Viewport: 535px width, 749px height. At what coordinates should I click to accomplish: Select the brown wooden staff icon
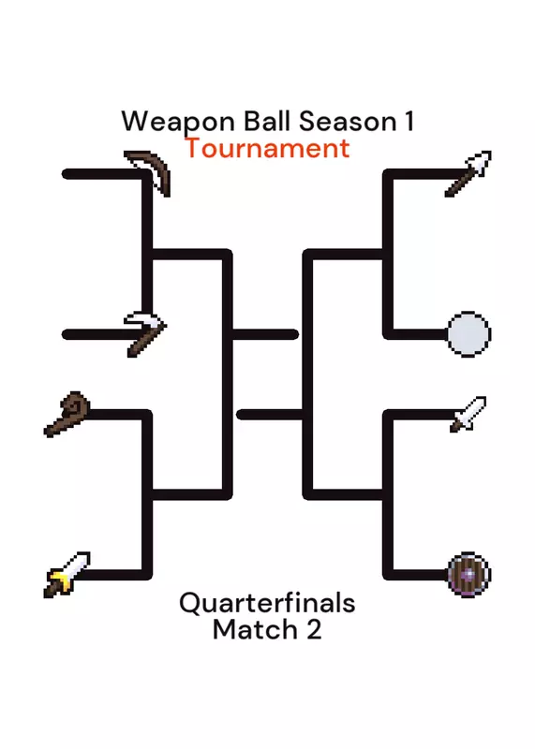pyautogui.click(x=67, y=414)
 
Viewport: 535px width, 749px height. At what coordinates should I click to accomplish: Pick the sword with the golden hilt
pyautogui.click(x=67, y=574)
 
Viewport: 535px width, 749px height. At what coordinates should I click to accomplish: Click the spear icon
pyautogui.click(x=468, y=173)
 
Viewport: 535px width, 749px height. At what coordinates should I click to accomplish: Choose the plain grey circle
pyautogui.click(x=469, y=334)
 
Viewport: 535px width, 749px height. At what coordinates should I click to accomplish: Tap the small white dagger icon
pyautogui.click(x=468, y=414)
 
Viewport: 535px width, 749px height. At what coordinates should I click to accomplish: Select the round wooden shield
pyautogui.click(x=469, y=574)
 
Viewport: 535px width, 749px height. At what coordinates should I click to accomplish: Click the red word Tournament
pyautogui.click(x=267, y=148)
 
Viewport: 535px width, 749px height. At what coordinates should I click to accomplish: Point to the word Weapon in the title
pyautogui.click(x=178, y=122)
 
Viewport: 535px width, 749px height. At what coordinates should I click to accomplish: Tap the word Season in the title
pyautogui.click(x=348, y=122)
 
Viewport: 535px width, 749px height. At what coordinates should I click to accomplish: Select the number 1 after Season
pyautogui.click(x=409, y=122)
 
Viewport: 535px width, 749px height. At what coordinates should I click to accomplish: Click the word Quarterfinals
pyautogui.click(x=267, y=603)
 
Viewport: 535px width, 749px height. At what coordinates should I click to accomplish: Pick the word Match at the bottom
pyautogui.click(x=255, y=629)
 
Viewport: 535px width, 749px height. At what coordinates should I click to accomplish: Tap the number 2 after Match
pyautogui.click(x=314, y=629)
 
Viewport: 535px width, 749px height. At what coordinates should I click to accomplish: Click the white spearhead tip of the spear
pyautogui.click(x=480, y=162)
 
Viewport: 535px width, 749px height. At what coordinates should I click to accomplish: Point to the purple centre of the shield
pyautogui.click(x=469, y=574)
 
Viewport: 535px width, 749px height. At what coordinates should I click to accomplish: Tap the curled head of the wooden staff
pyautogui.click(x=77, y=406)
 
